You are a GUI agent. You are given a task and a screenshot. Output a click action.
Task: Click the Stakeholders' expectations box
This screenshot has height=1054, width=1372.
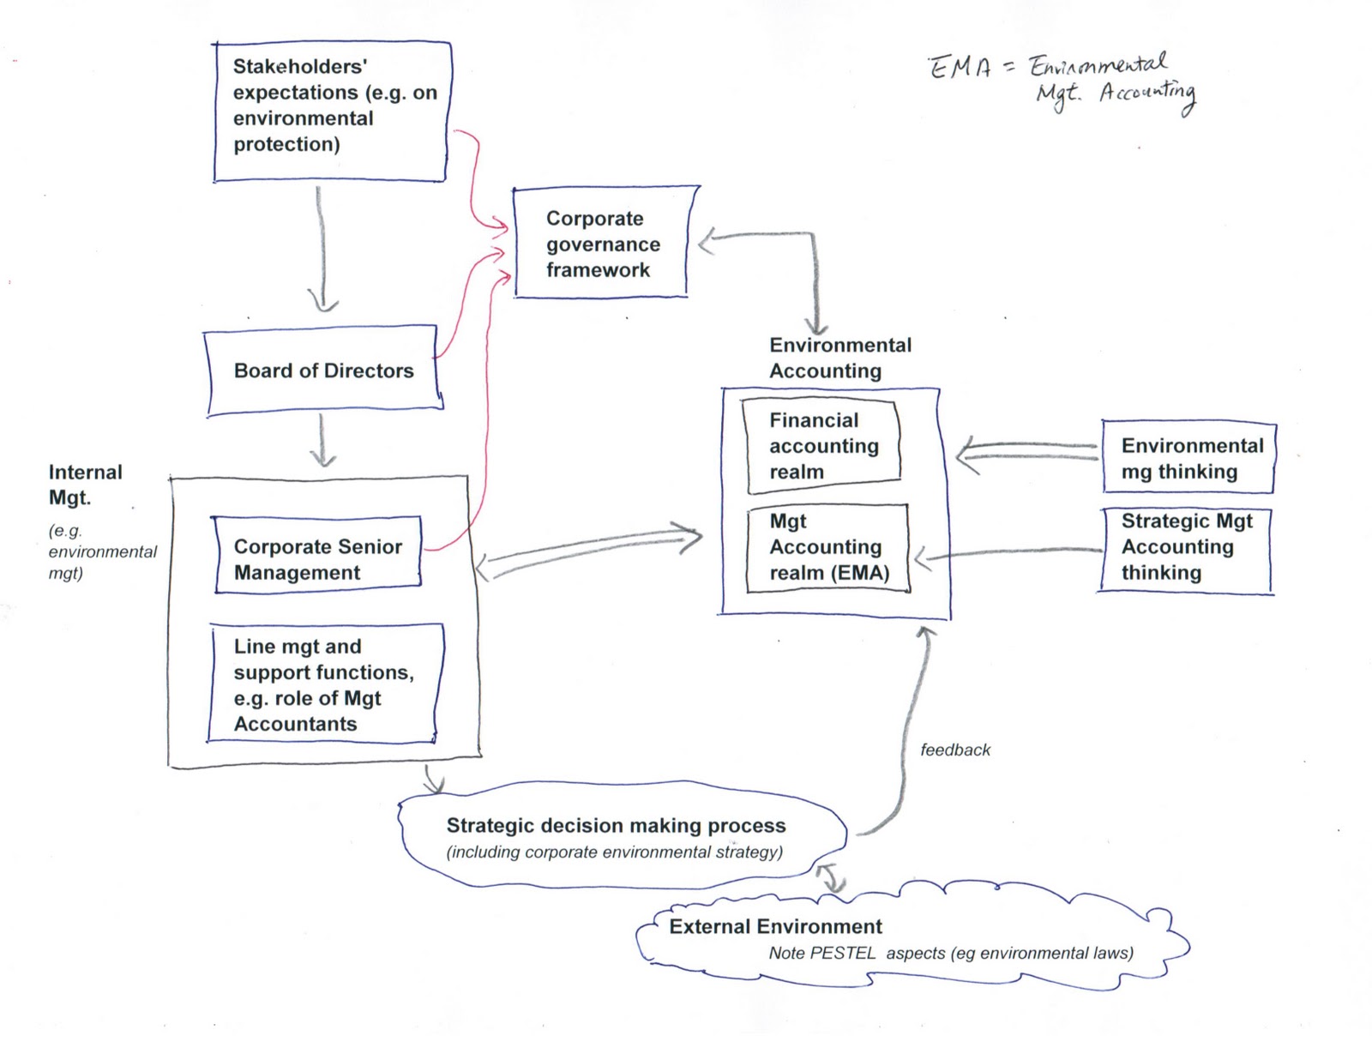[332, 111]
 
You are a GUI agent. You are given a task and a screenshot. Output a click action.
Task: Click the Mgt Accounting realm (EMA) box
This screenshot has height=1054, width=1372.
[827, 547]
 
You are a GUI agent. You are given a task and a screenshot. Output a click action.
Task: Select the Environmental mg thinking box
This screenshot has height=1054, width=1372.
[1188, 458]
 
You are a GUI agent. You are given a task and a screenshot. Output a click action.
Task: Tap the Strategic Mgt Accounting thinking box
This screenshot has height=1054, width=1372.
[1185, 547]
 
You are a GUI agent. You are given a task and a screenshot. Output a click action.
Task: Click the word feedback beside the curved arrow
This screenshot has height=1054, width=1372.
[954, 750]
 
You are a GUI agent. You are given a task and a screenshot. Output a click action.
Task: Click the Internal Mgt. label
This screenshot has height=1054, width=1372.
[84, 485]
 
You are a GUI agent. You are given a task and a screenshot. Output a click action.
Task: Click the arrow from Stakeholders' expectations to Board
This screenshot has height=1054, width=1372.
[322, 249]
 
